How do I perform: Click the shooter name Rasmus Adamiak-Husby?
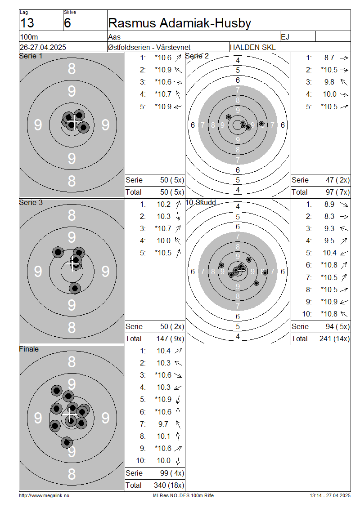tap(180, 23)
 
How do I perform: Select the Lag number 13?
tap(27, 23)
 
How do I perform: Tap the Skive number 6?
tap(67, 23)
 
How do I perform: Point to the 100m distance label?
tap(29, 37)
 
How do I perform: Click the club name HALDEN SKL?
tap(252, 47)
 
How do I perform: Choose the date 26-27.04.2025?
tap(43, 47)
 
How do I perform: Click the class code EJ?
tap(285, 37)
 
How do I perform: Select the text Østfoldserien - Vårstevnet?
tap(149, 47)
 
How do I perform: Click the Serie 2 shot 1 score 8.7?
tap(329, 58)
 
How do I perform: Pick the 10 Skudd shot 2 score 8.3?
tap(329, 216)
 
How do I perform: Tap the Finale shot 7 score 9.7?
tap(163, 424)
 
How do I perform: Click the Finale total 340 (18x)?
tap(169, 486)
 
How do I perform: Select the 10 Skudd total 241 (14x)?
tap(334, 339)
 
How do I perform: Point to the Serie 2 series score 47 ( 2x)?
tap(337, 180)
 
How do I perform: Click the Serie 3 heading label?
tap(31, 202)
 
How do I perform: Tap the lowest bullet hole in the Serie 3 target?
tap(75, 288)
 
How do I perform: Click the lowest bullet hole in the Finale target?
tap(67, 442)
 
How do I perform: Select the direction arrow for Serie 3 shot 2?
tap(178, 216)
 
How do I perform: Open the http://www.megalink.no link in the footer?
tap(44, 496)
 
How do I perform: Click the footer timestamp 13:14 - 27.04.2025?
tap(330, 496)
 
